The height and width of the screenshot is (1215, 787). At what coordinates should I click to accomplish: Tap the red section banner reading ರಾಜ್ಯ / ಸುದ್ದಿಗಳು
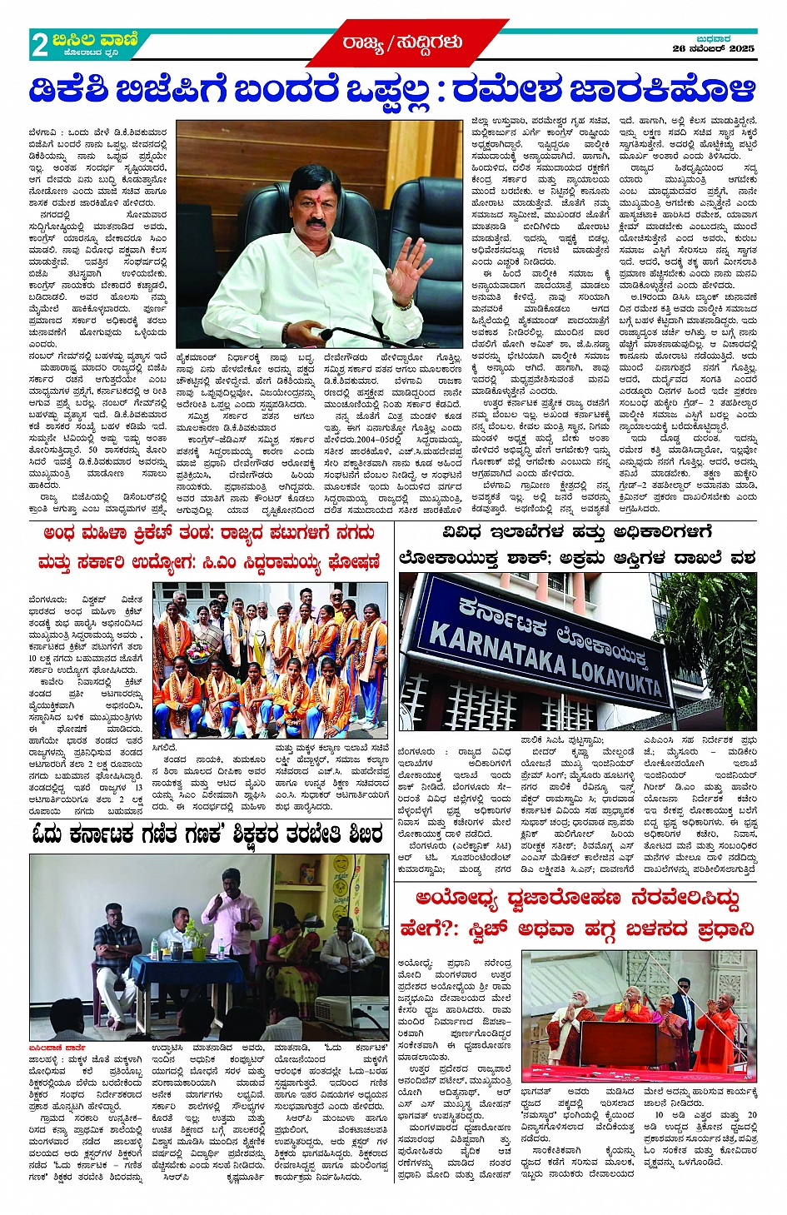[x=402, y=42]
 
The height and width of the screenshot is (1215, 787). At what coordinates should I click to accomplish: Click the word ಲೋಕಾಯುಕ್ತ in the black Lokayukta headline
[x=452, y=558]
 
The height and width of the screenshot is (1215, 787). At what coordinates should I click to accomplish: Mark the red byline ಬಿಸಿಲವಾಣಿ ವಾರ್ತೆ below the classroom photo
[x=59, y=1047]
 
